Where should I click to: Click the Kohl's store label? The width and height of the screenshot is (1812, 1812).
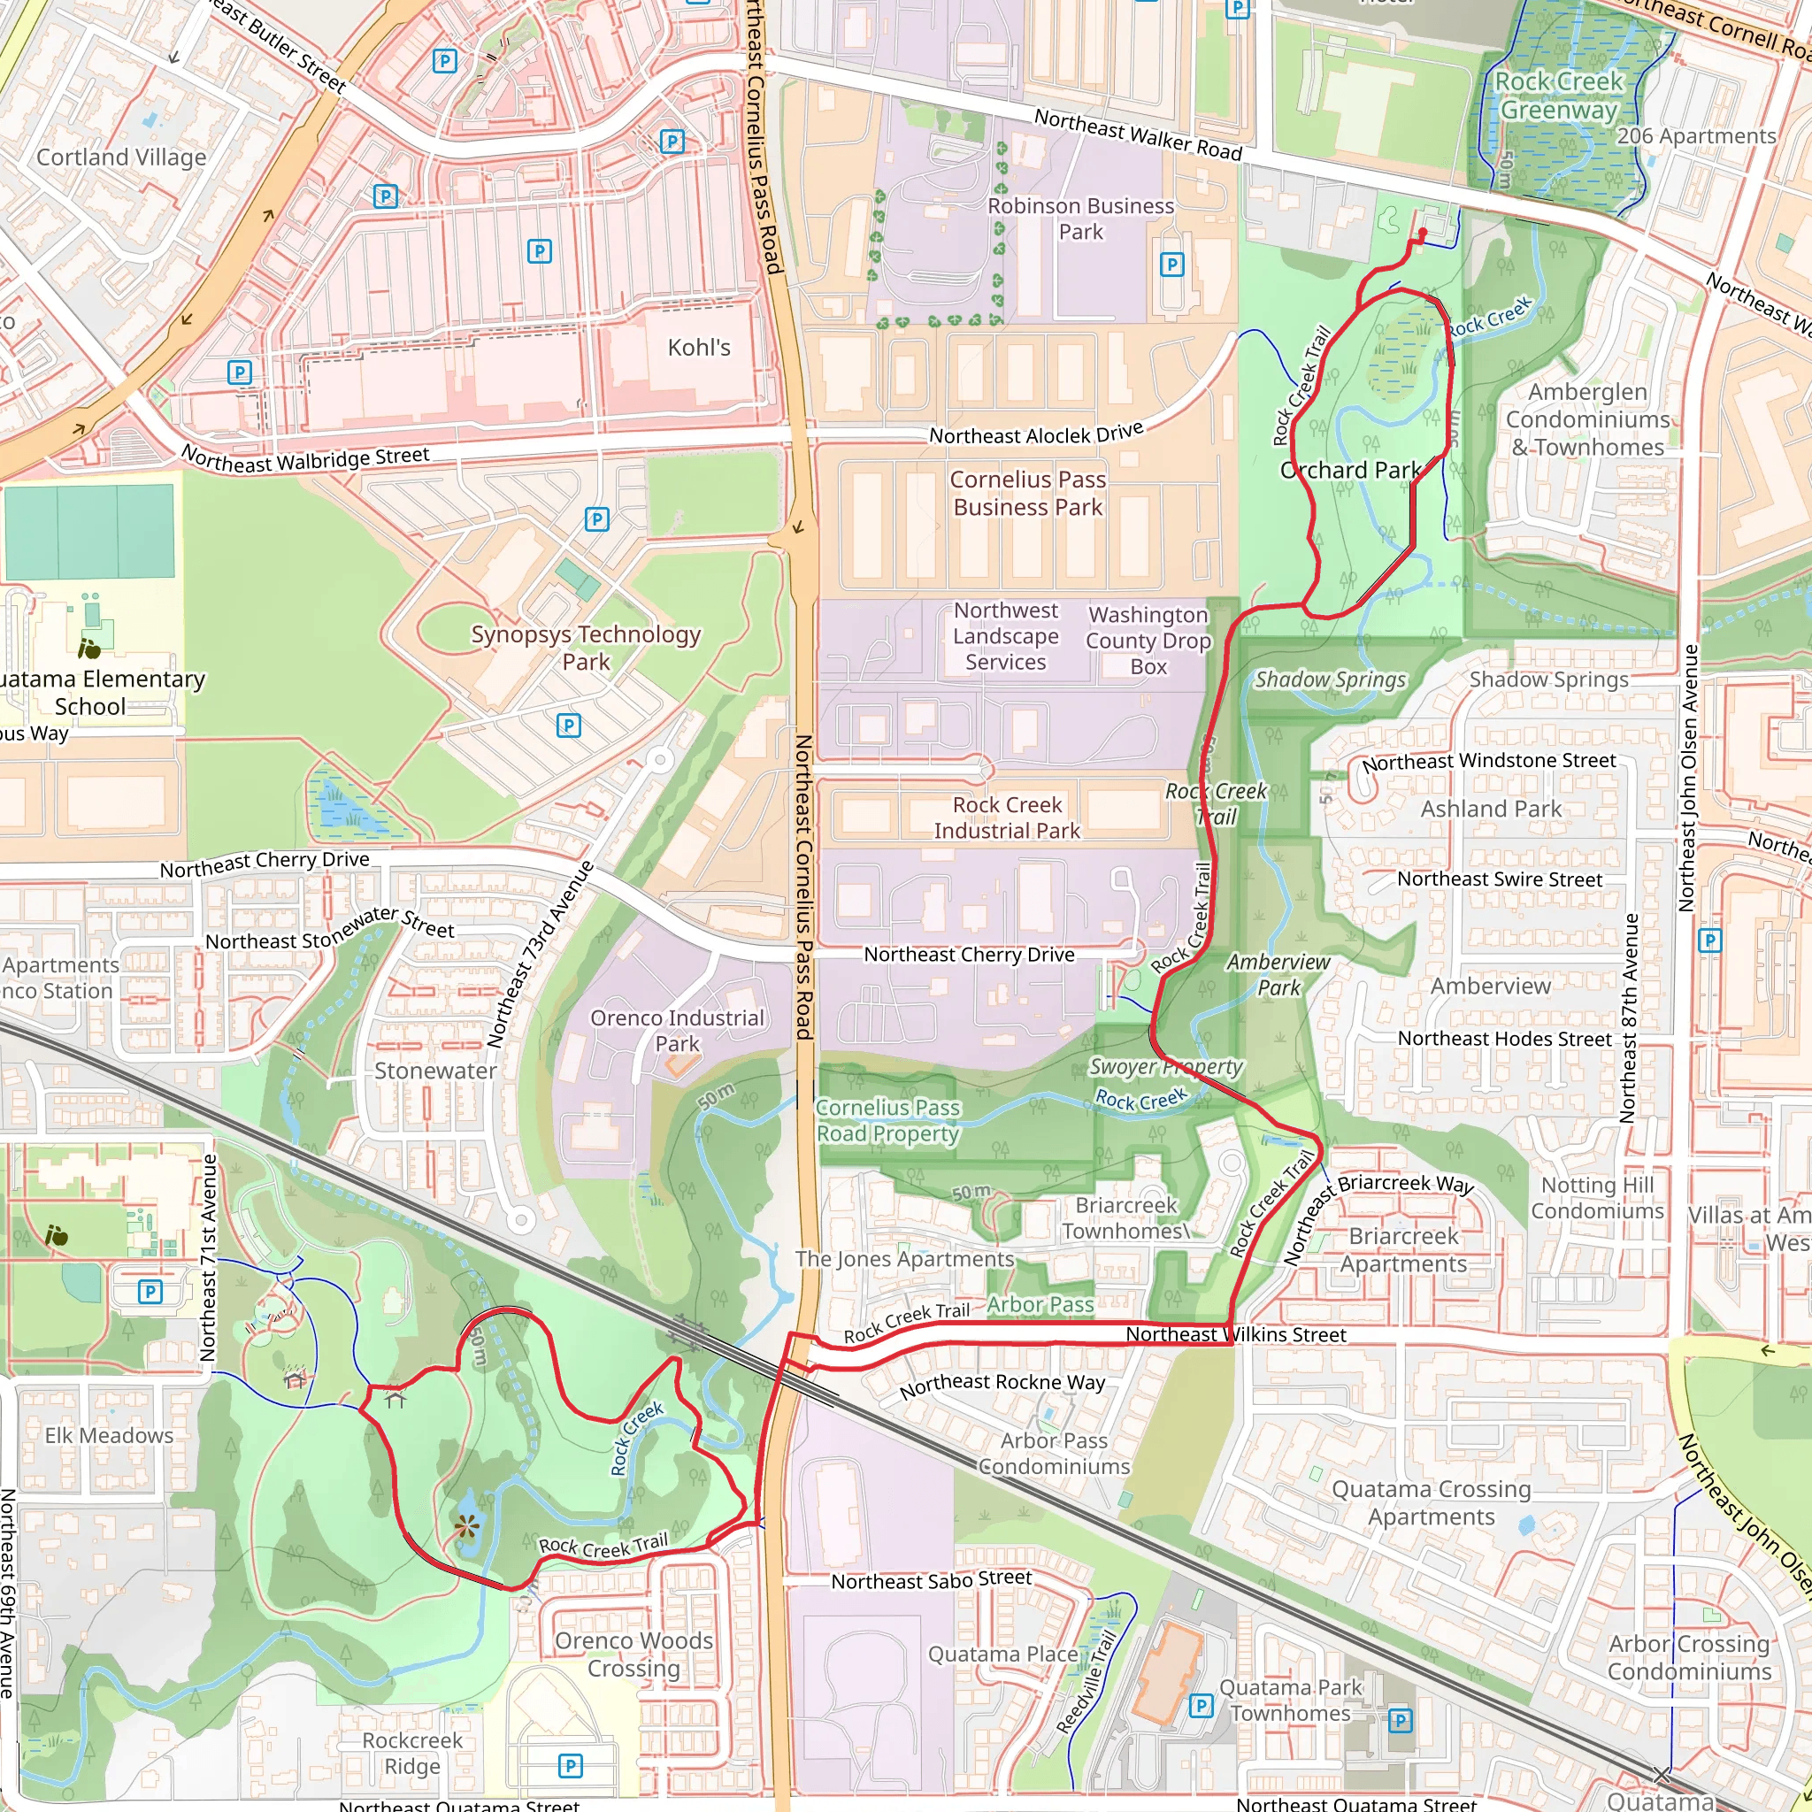699,348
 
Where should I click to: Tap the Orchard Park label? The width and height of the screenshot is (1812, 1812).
1350,471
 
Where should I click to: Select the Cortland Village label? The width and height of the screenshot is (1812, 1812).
121,157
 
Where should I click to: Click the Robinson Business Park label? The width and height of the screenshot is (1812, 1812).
1080,219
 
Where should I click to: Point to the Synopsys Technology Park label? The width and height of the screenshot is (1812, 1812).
587,648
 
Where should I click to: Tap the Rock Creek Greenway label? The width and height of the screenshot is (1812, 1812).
1558,96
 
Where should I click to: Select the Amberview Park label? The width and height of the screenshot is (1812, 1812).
1278,974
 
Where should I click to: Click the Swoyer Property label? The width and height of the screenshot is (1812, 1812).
1166,1066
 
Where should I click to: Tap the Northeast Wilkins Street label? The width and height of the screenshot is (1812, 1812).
1235,1334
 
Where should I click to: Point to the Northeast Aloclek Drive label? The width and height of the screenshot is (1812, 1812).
1036,434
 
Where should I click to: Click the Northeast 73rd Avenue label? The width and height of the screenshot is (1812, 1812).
541,954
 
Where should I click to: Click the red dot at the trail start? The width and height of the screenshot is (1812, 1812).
1423,232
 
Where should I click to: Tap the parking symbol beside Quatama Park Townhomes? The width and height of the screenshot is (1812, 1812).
1201,1706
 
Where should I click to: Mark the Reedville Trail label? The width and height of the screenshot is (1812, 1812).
1086,1684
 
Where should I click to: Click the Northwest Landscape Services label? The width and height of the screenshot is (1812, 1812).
1005,637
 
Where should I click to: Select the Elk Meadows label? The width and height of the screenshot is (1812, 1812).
109,1436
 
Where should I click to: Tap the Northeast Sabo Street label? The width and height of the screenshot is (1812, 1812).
932,1579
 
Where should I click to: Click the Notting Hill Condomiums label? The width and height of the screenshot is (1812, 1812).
1597,1198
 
